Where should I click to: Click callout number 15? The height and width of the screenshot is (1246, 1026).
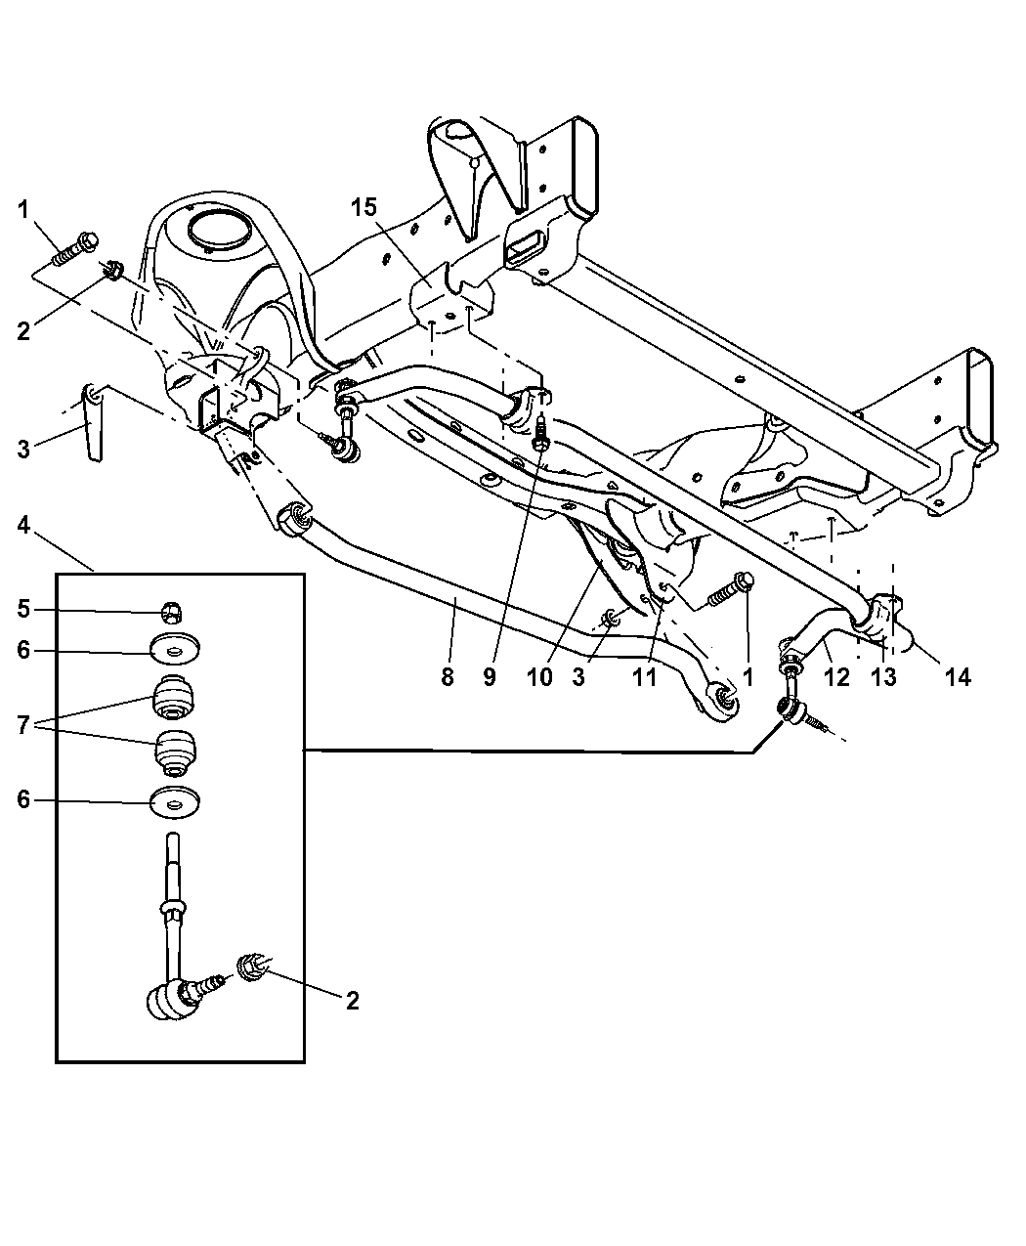363,207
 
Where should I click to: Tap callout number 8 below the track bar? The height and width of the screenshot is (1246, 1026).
447,676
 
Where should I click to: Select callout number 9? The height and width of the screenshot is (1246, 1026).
490,676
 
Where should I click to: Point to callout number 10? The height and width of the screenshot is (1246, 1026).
538,676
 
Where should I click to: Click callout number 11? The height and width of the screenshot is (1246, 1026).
644,676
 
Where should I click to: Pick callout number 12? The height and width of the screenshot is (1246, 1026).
836,676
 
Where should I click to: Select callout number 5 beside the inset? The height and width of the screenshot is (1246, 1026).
22,610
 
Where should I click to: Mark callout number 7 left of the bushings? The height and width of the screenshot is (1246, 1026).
22,726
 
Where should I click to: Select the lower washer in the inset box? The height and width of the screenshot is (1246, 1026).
176,804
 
